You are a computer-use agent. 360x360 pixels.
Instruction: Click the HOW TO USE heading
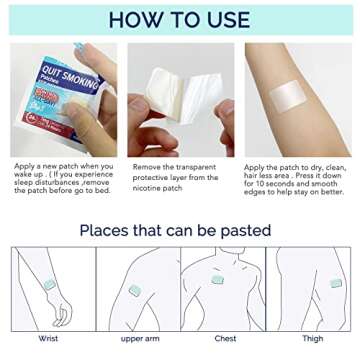pyautogui.click(x=181, y=20)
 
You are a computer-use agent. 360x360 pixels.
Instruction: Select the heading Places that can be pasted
pyautogui.click(x=175, y=230)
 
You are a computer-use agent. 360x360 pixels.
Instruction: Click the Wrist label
pyautogui.click(x=48, y=340)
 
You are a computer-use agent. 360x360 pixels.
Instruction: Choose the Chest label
pyautogui.click(x=225, y=340)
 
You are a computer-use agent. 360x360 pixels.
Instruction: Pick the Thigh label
pyautogui.click(x=312, y=340)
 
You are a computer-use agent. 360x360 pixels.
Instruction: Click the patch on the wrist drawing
pyautogui.click(x=49, y=285)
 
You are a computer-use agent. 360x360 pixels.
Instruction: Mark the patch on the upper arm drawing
pyautogui.click(x=134, y=291)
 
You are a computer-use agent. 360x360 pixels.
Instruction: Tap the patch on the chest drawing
pyautogui.click(x=217, y=280)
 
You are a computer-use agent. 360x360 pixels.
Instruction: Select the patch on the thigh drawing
pyautogui.click(x=336, y=283)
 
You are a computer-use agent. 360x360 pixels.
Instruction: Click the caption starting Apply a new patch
pyautogui.click(x=62, y=178)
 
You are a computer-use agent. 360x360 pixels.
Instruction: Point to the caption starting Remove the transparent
pyautogui.click(x=175, y=177)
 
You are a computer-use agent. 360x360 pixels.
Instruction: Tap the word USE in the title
pyautogui.click(x=226, y=20)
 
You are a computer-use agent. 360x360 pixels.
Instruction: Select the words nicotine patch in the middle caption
pyautogui.click(x=158, y=188)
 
